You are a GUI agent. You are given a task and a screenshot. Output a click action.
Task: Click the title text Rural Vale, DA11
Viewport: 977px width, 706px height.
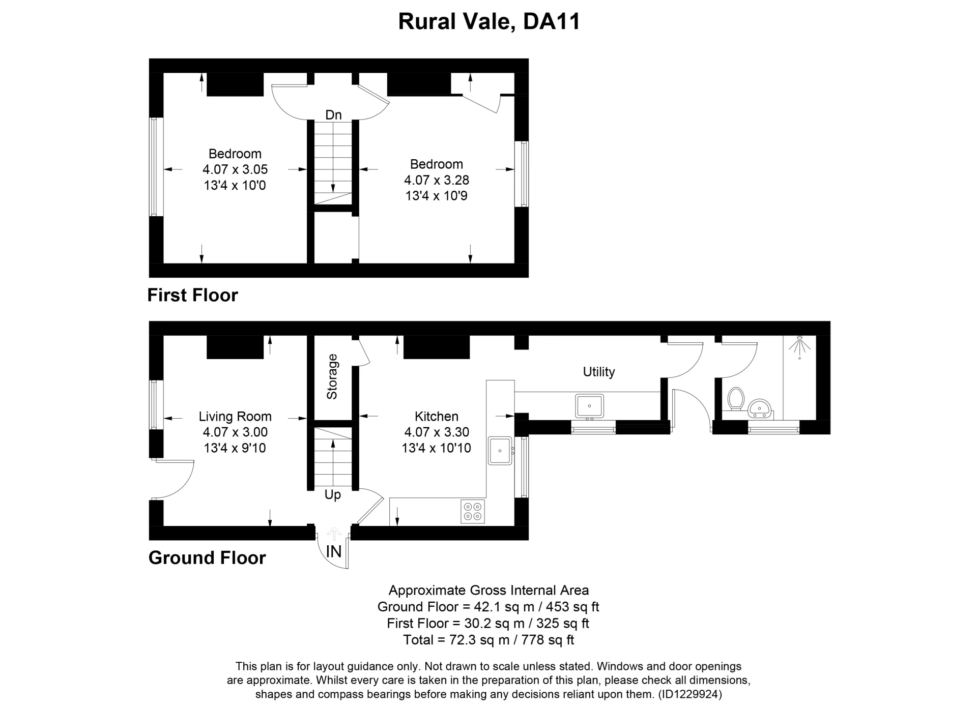point(489,22)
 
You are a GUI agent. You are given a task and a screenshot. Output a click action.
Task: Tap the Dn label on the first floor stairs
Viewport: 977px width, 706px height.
point(333,115)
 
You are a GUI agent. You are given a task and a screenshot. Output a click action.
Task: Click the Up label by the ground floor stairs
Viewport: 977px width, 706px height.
point(333,494)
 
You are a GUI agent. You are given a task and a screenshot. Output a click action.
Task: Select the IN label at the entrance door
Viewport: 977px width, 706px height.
point(333,551)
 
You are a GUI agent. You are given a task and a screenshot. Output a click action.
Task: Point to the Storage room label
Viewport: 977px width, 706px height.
point(332,377)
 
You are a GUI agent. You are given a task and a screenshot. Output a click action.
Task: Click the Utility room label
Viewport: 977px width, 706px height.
point(598,372)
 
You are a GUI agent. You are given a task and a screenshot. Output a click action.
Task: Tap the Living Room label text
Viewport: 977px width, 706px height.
point(235,417)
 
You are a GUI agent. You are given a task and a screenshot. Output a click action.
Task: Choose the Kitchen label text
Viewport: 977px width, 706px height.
point(436,417)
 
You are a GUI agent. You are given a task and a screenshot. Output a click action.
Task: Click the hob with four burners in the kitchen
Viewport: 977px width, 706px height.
point(473,511)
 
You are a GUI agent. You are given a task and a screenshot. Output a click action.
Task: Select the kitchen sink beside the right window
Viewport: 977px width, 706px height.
point(500,451)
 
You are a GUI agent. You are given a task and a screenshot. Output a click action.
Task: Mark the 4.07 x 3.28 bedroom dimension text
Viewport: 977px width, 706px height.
point(437,180)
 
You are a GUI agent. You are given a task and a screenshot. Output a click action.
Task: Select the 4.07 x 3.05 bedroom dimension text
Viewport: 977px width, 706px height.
point(235,169)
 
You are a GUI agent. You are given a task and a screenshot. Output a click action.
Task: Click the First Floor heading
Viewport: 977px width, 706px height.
point(192,296)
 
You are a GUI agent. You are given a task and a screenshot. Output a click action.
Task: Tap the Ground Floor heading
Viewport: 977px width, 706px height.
point(207,558)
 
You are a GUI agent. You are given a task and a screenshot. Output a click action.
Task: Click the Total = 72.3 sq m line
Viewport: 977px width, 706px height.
point(489,640)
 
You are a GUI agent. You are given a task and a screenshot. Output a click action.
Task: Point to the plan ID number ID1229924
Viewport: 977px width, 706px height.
point(690,694)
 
